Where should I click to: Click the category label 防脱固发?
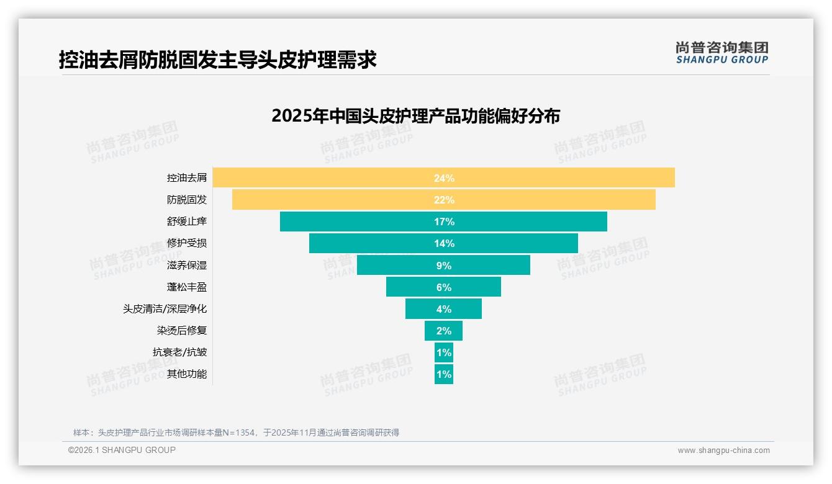pos(187,200)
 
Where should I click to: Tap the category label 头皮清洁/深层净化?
pos(165,309)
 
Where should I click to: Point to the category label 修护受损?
pos(187,243)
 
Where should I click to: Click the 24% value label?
pos(444,178)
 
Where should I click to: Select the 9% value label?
pos(444,266)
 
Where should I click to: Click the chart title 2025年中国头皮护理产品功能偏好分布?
pos(415,116)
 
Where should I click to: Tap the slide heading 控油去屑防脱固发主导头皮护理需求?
pos(218,60)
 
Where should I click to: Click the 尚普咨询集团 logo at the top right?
pos(722,52)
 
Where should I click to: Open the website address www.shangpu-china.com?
pos(723,450)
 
